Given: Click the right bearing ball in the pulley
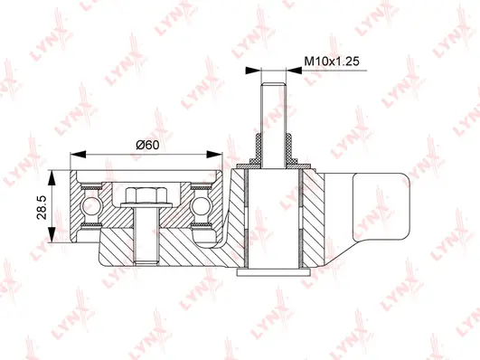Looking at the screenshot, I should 201,210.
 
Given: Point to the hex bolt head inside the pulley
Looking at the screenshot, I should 145,195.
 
